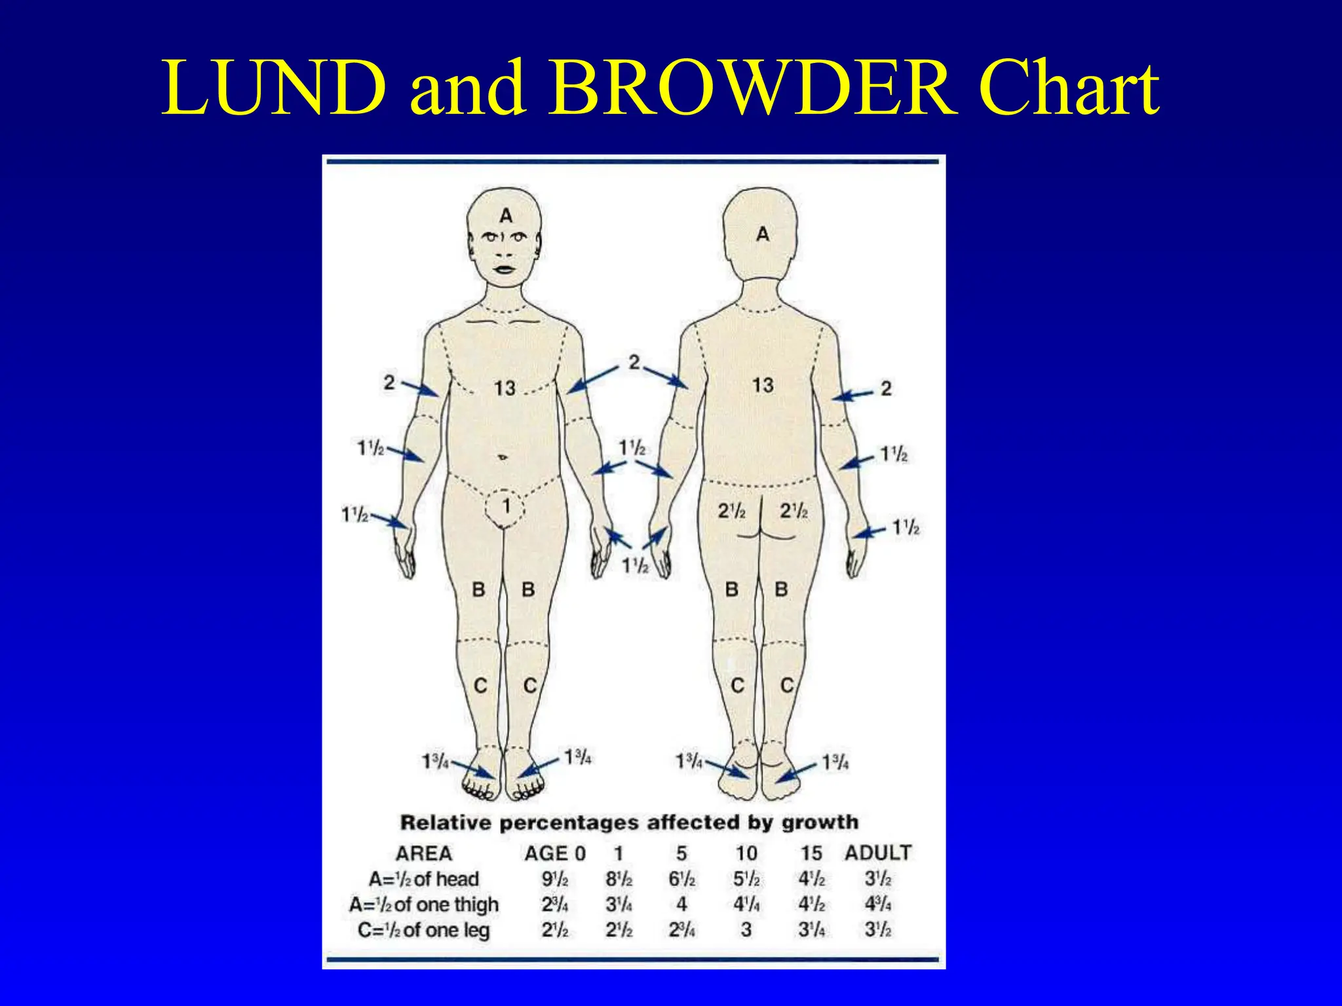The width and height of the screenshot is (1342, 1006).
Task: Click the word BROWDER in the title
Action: click(752, 88)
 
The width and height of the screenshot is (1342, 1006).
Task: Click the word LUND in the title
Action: click(274, 88)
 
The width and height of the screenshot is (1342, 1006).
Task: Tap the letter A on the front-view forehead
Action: click(506, 215)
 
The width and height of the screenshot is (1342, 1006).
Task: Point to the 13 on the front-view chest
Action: click(505, 388)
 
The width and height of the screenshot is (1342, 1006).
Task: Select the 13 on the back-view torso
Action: click(763, 385)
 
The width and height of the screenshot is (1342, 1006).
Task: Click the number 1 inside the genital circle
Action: click(506, 506)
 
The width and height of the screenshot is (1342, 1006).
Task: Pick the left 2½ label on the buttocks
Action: click(731, 511)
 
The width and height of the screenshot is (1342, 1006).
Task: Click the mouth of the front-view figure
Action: click(505, 269)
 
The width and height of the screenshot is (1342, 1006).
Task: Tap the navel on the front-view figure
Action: click(503, 457)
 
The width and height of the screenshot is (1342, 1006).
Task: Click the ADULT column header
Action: click(878, 853)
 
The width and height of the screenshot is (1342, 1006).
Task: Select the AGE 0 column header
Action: click(554, 853)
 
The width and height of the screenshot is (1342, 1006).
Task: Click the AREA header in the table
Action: click(424, 853)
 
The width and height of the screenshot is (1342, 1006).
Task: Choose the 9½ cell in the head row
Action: click(554, 879)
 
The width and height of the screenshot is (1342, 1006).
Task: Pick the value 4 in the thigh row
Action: click(681, 904)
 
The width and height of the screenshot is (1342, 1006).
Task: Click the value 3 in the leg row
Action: click(746, 930)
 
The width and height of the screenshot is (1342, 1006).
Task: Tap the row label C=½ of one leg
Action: click(424, 930)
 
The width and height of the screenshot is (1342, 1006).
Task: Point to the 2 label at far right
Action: click(886, 388)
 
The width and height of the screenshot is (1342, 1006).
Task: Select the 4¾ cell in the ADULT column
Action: click(877, 904)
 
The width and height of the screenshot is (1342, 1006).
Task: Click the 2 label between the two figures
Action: click(634, 362)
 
